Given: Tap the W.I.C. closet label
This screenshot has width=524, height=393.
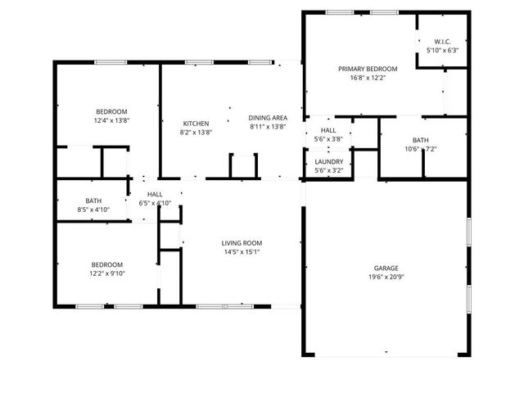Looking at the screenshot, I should coord(442,41).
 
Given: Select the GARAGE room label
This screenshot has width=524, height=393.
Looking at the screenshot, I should coord(386,269).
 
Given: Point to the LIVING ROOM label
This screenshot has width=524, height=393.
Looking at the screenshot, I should coord(242,242).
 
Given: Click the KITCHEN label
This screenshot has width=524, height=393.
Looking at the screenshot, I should coord(196,123).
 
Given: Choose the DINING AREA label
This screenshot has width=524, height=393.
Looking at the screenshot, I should coord(268,118).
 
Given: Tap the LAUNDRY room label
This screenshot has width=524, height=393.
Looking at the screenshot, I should coord(328,161).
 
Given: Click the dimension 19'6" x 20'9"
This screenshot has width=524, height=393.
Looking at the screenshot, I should coord(386,278).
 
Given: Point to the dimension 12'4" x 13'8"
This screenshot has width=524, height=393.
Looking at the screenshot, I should coord(111,120).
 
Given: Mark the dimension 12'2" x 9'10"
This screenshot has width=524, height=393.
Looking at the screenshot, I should coord(106,273).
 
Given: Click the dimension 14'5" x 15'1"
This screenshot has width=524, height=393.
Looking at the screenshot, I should coord(242,251).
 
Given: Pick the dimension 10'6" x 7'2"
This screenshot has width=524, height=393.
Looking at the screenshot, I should coord(421,149).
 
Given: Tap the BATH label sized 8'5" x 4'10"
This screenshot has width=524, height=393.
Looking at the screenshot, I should coord(94,201).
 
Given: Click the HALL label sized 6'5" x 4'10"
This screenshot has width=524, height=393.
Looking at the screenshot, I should coord(155,194).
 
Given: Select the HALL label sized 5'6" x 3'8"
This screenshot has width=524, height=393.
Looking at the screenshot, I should coord(328,130).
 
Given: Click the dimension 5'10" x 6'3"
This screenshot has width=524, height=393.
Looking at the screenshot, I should coord(442,50).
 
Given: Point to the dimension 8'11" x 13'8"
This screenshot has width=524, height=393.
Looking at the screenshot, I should coord(268,127).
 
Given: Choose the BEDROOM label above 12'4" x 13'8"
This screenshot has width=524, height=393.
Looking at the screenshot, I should coord(111,111).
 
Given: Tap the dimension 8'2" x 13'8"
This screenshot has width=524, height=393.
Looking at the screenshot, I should coord(196,132).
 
